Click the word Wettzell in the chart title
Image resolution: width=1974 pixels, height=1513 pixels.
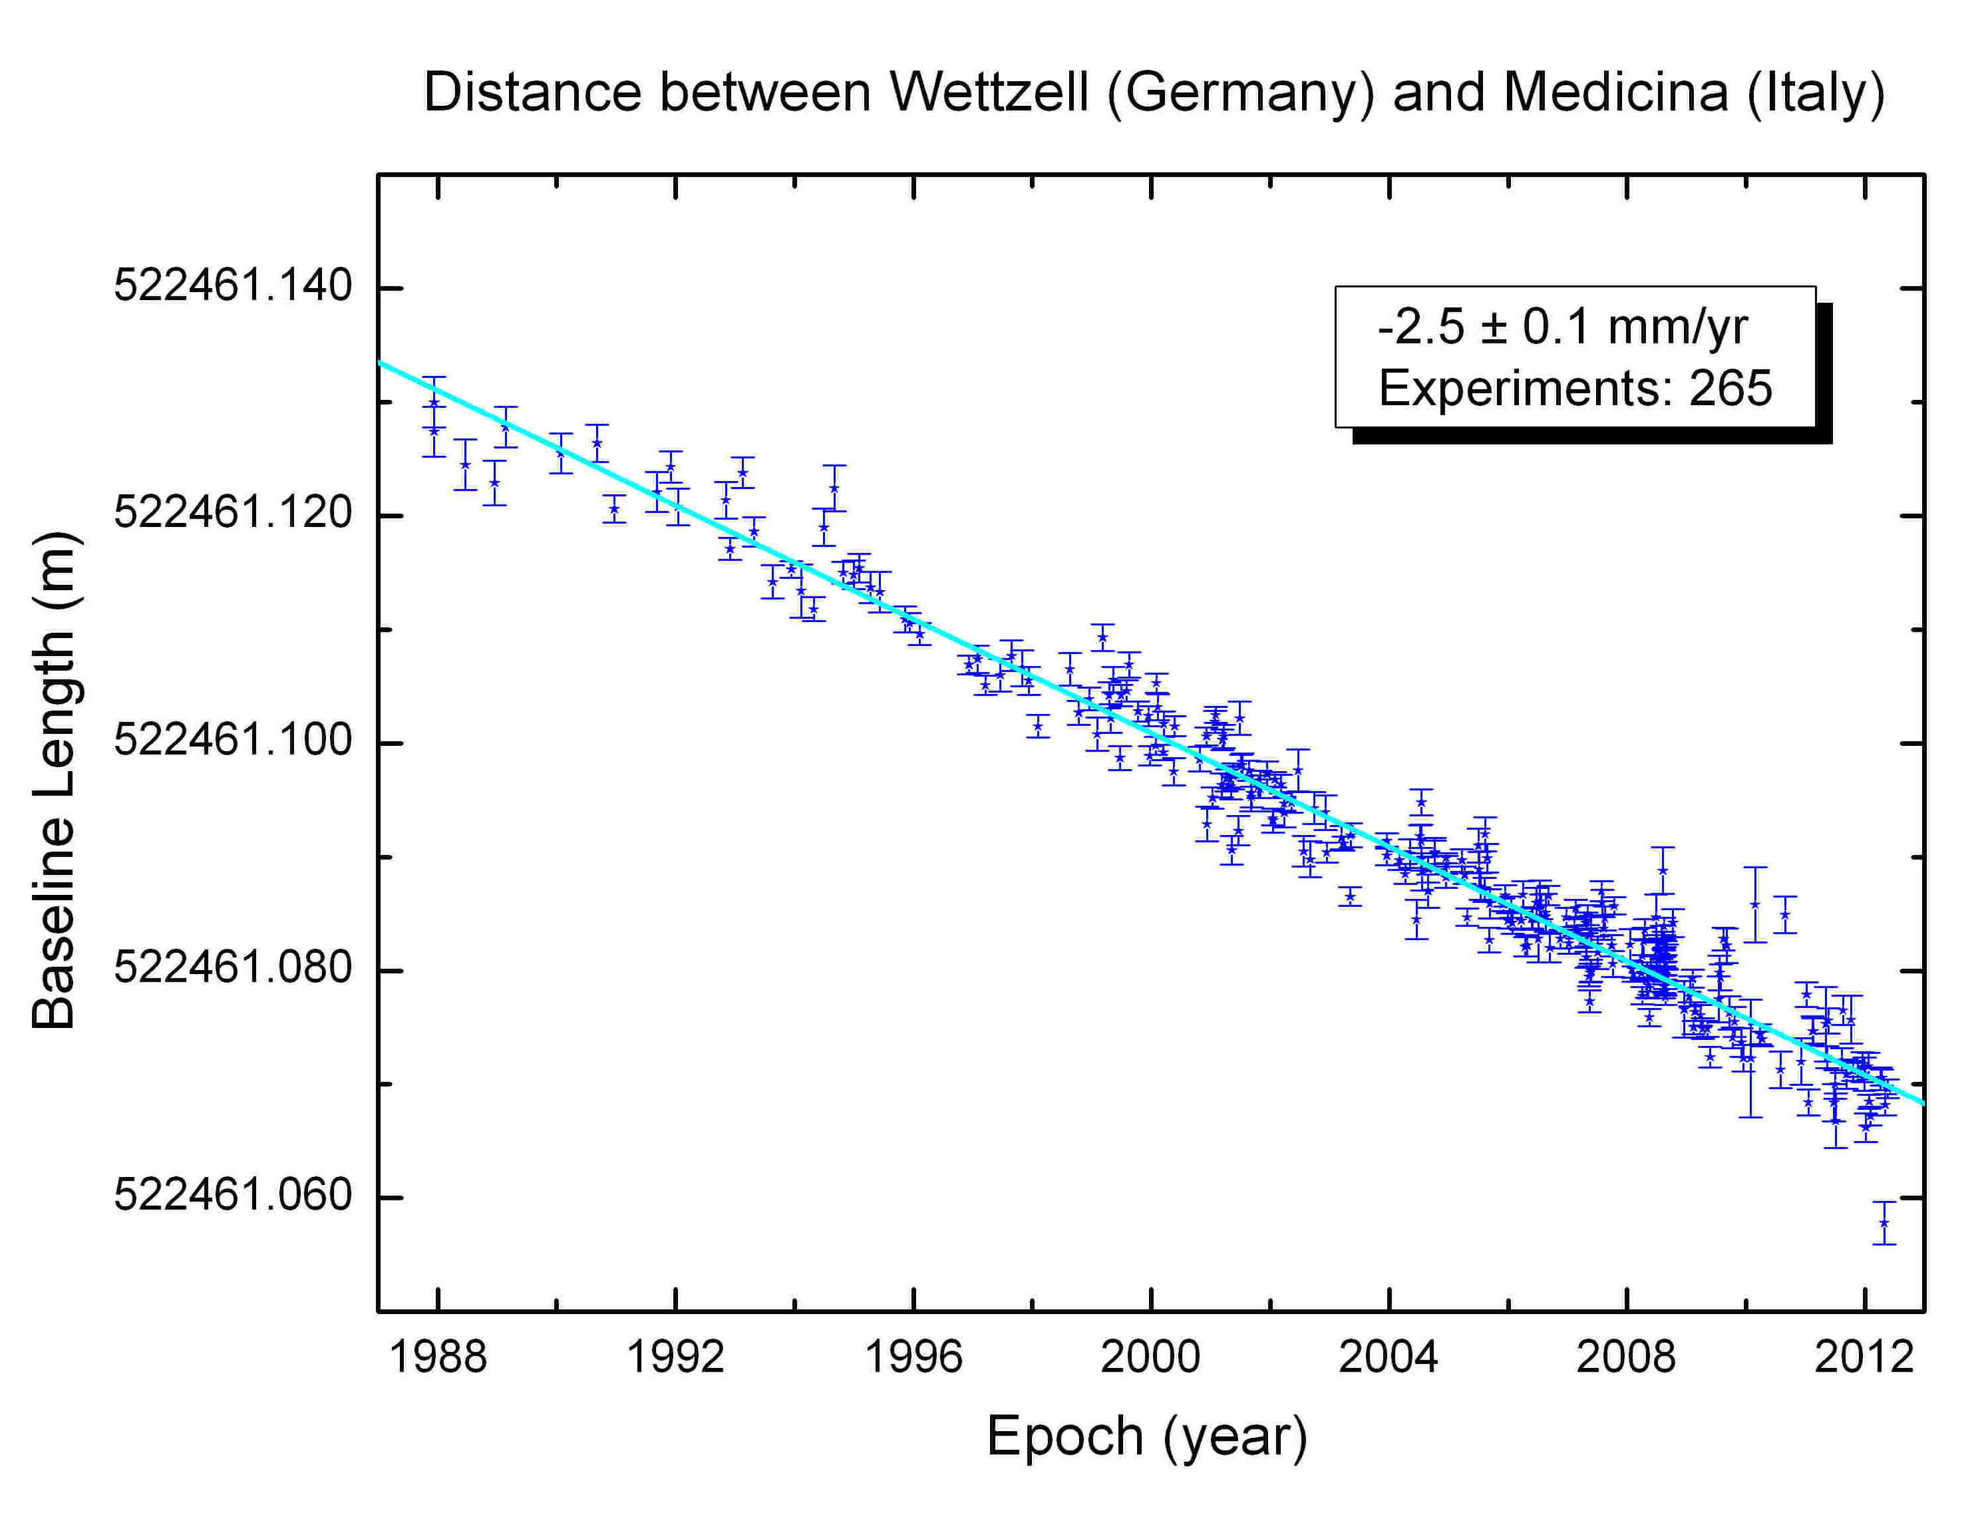(989, 92)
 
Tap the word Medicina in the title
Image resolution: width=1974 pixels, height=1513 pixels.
(1615, 92)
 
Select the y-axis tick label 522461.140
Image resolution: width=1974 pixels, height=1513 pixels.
(232, 285)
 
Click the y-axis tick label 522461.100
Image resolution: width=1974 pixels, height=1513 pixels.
(232, 741)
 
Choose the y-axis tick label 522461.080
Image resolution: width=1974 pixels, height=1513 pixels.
(232, 968)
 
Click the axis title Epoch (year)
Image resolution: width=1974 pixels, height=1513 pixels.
(1147, 1436)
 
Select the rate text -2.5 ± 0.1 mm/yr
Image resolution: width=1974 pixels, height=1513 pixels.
(1562, 326)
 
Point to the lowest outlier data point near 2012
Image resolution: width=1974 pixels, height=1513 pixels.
(1884, 1223)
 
